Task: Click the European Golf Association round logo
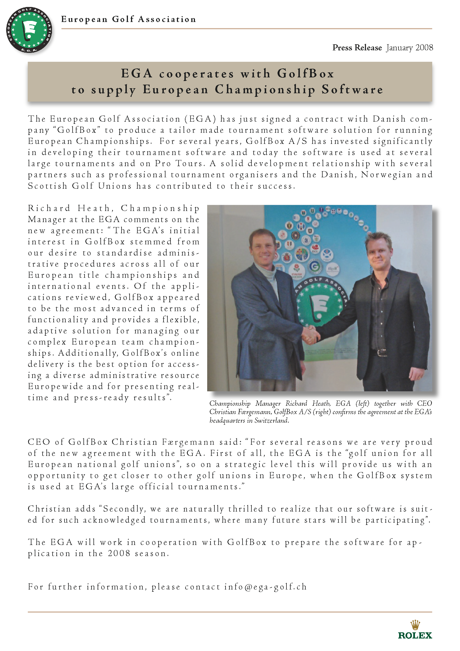click(29, 30)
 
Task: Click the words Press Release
click(357, 48)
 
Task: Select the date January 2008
click(410, 48)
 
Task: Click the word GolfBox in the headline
click(306, 73)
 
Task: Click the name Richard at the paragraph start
click(49, 208)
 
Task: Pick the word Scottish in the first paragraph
click(47, 186)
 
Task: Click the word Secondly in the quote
click(125, 509)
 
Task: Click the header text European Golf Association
click(128, 19)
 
